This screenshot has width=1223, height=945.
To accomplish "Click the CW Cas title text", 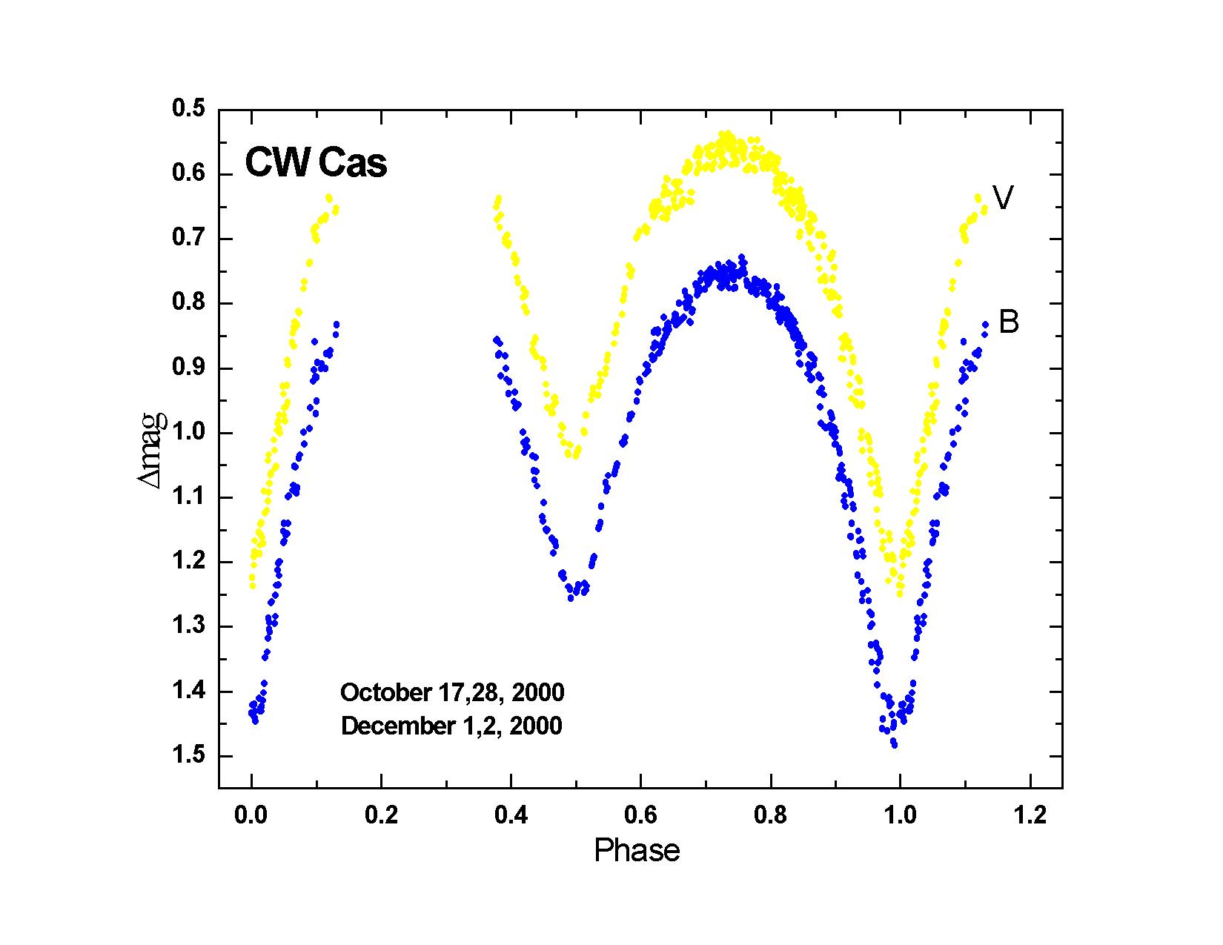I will [x=316, y=163].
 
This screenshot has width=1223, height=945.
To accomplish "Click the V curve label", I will [x=1003, y=198].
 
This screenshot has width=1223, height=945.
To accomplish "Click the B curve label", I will [x=1009, y=322].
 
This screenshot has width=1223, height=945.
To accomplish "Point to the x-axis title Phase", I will [x=637, y=851].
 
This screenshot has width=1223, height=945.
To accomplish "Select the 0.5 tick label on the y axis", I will [x=188, y=109].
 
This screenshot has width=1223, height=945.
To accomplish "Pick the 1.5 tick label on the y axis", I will [x=188, y=755].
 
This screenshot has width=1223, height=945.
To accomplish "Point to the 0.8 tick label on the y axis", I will [x=188, y=303].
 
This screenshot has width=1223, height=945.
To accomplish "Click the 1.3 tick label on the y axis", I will [x=188, y=626].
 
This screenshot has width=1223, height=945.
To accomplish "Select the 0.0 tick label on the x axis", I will [x=251, y=816].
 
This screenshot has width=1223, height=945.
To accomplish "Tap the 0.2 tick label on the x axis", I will [x=381, y=816].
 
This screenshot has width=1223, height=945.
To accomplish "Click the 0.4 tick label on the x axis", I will [x=511, y=816].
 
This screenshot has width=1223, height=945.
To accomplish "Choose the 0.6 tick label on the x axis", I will [x=640, y=816].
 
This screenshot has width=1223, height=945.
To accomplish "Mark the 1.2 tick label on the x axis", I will [x=1030, y=816].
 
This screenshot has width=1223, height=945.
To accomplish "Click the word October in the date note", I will [x=384, y=693].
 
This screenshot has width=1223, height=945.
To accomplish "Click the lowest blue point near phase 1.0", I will [x=895, y=744].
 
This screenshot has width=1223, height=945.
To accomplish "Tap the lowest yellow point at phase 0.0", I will [x=252, y=586].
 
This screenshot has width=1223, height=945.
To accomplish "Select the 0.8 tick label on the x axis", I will [x=770, y=816].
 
